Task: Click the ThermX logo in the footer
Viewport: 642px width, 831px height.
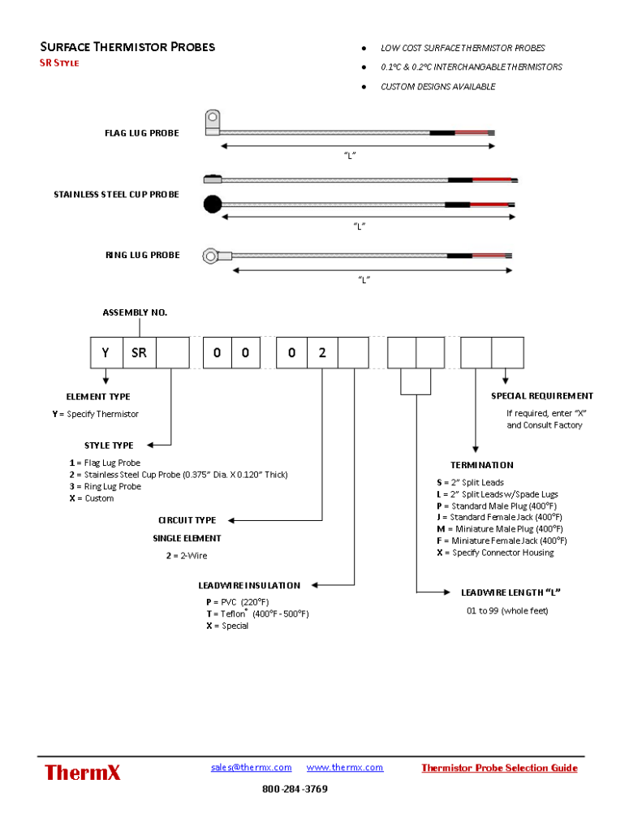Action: pos(82,772)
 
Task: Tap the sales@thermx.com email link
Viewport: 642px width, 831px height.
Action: pos(251,767)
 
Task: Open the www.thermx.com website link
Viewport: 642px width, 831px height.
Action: pos(345,767)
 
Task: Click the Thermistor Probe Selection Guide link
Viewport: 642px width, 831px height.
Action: pos(499,768)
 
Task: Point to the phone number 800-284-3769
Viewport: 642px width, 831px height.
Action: pos(295,789)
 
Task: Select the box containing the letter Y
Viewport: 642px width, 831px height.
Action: pos(106,353)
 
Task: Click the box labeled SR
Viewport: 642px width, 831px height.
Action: pos(139,353)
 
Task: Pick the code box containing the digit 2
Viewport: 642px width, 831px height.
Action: pos(322,353)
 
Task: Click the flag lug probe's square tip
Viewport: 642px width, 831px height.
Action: pos(212,121)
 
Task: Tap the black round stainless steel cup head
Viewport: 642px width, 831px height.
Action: pos(212,205)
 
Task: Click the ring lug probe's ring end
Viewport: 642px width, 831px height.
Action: pos(211,256)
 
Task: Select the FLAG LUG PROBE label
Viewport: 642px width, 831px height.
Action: pos(141,133)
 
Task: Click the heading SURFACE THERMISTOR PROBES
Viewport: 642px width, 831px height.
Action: pos(127,47)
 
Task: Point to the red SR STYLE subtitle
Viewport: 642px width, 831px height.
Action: pos(59,63)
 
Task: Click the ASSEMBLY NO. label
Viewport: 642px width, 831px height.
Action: pos(135,312)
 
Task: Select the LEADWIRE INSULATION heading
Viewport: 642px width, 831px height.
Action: pos(249,585)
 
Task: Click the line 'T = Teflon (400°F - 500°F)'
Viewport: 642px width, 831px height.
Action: pos(257,614)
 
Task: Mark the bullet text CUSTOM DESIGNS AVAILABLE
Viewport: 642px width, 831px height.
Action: pos(437,87)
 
